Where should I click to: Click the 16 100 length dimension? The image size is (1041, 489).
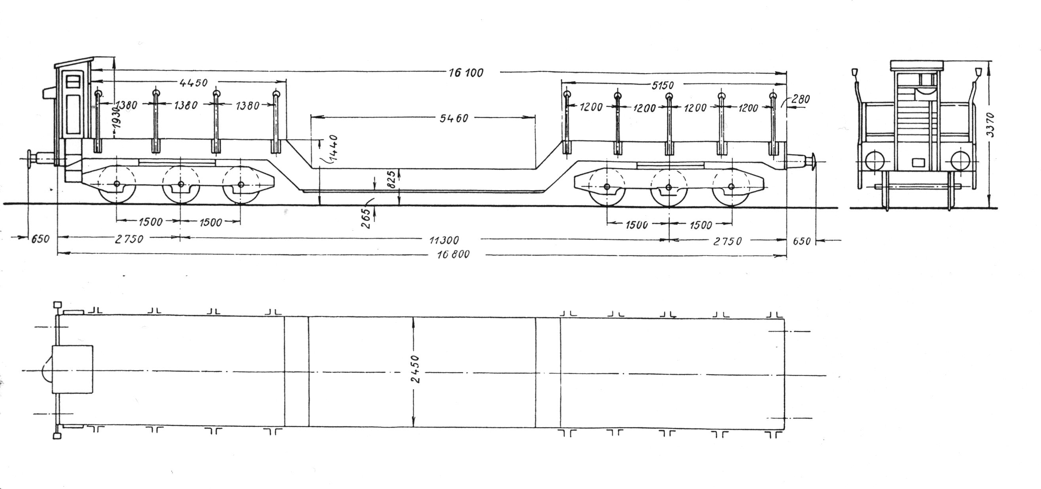click(x=466, y=73)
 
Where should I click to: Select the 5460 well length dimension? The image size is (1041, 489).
click(x=454, y=118)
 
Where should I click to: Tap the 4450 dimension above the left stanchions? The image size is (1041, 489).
click(x=193, y=83)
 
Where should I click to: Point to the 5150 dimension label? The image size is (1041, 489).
click(x=662, y=85)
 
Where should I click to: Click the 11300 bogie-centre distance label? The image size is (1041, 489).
click(x=444, y=240)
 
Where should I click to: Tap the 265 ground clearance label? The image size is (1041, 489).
click(x=367, y=218)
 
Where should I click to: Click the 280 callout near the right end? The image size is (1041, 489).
click(x=801, y=99)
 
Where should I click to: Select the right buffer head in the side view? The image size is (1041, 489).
click(x=812, y=162)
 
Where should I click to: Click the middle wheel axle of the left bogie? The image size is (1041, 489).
click(x=180, y=184)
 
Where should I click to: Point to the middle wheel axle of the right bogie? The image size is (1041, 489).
click(x=668, y=187)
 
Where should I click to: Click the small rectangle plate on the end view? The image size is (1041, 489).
click(x=918, y=163)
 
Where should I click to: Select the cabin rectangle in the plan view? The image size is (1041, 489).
click(x=73, y=370)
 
